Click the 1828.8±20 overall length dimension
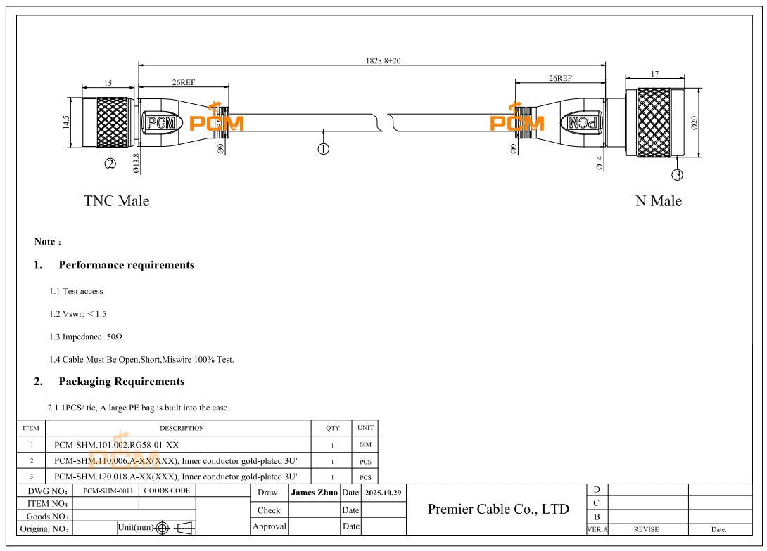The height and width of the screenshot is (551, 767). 383,61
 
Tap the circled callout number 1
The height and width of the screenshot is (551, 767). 323,148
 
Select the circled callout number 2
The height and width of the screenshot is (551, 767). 110,164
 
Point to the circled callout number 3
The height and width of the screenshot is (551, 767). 677,174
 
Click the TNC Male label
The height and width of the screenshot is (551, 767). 117,201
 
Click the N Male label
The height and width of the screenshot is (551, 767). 659,201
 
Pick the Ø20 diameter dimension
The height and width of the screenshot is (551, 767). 694,123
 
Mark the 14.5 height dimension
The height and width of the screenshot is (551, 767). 66,123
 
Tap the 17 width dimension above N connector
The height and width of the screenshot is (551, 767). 654,74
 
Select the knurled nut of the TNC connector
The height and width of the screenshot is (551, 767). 114,123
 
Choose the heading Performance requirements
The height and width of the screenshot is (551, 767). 127,266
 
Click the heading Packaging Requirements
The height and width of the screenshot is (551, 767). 122,382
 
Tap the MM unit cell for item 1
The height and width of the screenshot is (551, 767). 365,445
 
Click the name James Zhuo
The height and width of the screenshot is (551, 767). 315,493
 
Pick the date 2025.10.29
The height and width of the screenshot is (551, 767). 383,493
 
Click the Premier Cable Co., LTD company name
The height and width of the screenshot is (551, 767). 498,509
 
